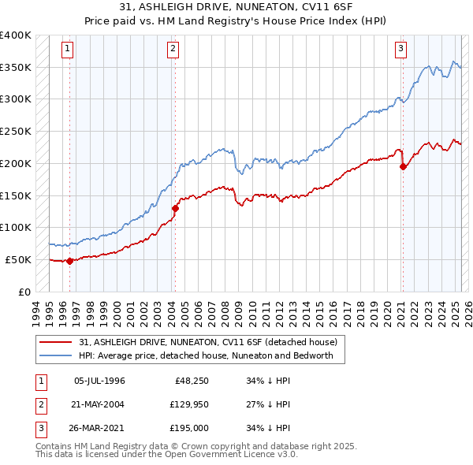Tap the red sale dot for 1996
pyautogui.click(x=69, y=261)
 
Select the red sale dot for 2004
pyautogui.click(x=175, y=208)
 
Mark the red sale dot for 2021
pyautogui.click(x=403, y=166)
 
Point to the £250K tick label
pyautogui.click(x=15, y=131)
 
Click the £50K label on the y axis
pyautogui.click(x=18, y=259)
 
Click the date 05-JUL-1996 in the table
pyautogui.click(x=99, y=381)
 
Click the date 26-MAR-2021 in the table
pyautogui.click(x=99, y=428)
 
